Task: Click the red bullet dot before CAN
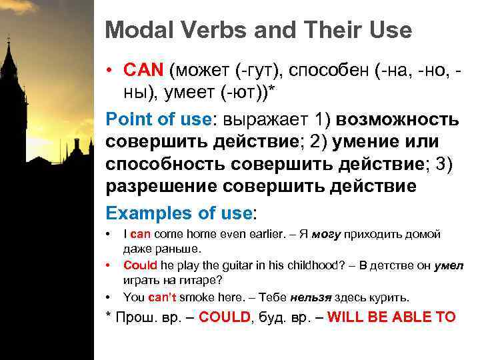click(x=111, y=69)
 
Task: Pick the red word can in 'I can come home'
click(x=141, y=234)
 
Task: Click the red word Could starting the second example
click(x=137, y=265)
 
